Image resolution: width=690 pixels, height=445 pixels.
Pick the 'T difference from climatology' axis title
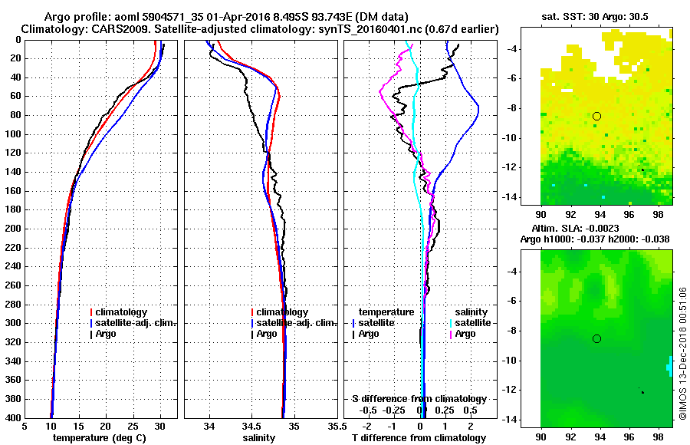click(423, 438)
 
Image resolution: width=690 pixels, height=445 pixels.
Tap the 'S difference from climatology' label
click(419, 399)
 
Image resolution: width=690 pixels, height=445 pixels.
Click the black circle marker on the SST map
click(596, 116)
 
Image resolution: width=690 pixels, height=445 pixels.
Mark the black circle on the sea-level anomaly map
click(596, 338)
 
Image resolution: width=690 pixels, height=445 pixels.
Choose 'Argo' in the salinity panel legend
click(268, 334)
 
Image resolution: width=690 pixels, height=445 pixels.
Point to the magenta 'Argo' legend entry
click(465, 334)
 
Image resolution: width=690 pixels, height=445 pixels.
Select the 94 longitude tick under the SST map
click(600, 214)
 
